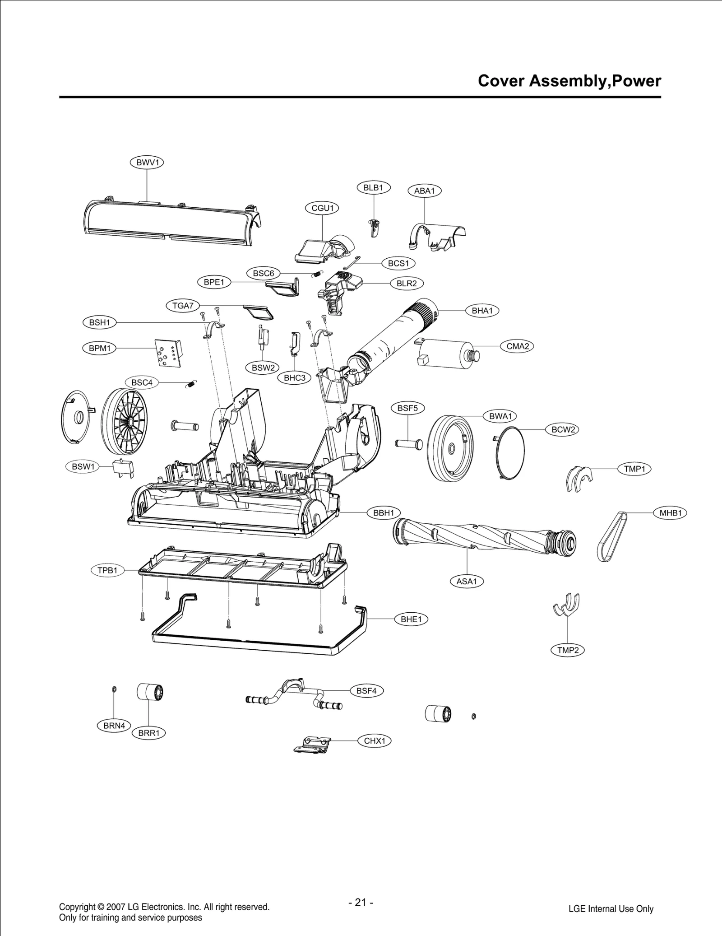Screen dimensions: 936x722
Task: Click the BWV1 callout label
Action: [x=147, y=163]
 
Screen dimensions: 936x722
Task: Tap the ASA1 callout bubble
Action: [x=467, y=581]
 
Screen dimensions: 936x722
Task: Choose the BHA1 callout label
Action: [x=482, y=311]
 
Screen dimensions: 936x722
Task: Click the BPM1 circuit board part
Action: [x=168, y=353]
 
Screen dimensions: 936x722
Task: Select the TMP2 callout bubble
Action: [x=568, y=650]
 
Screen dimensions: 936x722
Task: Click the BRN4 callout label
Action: [x=114, y=726]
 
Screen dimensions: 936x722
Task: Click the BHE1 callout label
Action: [x=411, y=619]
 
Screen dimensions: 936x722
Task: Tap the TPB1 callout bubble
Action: [x=107, y=570]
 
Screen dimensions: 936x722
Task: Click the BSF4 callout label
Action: [x=366, y=690]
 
